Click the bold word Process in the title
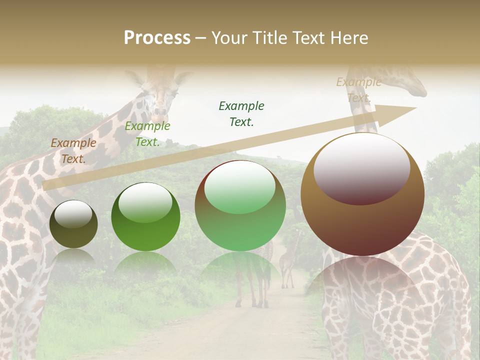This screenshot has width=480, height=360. [x=157, y=38]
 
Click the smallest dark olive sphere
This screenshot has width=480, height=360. [x=73, y=224]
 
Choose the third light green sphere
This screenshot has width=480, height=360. [x=240, y=205]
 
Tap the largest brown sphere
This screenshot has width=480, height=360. [x=362, y=194]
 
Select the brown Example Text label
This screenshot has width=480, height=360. [x=73, y=150]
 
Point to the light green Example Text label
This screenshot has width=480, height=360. [x=147, y=133]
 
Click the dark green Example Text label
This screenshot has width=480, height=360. [x=241, y=113]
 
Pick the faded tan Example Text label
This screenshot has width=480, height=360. [x=359, y=89]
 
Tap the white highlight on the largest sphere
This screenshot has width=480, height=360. [x=361, y=162]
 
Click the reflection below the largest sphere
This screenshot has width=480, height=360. [x=362, y=285]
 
